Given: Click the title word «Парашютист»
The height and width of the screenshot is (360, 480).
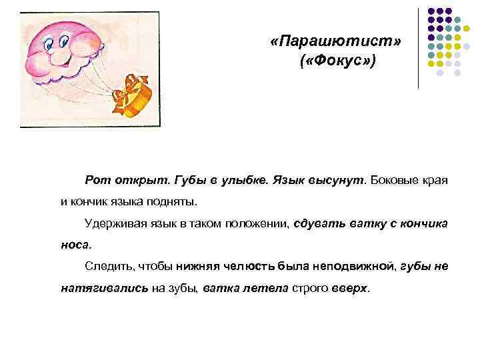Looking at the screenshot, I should pos(337,42).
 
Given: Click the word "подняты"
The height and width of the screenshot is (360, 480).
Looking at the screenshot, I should pos(173,201).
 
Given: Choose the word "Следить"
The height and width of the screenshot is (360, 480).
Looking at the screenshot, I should pos(108,266).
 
